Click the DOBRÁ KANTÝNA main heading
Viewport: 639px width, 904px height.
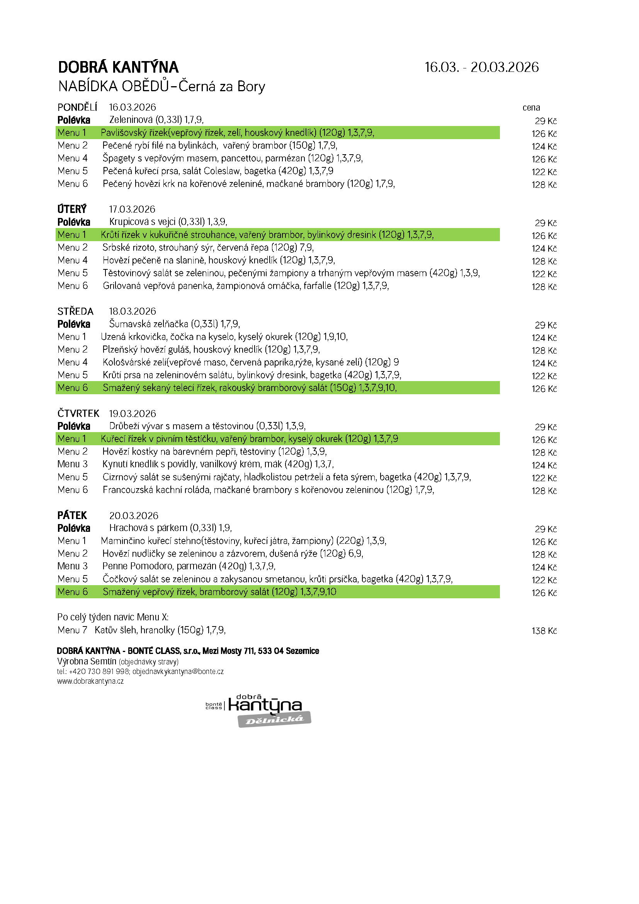coord(118,67)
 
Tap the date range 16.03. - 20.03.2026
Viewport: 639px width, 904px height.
coord(481,67)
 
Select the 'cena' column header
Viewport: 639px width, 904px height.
coord(531,107)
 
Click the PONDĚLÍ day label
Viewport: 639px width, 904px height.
coord(77,107)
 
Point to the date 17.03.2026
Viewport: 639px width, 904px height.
coord(132,209)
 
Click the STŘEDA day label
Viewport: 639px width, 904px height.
coord(75,312)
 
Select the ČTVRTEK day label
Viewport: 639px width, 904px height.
coord(78,414)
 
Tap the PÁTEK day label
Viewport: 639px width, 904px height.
coord(72,516)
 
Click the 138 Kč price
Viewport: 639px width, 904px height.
coord(544,631)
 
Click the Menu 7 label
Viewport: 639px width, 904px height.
coord(72,630)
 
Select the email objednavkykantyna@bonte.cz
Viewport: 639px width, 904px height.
coord(178,671)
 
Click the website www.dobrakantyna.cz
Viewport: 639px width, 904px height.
coord(90,681)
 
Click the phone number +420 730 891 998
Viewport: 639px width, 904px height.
coord(99,671)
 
